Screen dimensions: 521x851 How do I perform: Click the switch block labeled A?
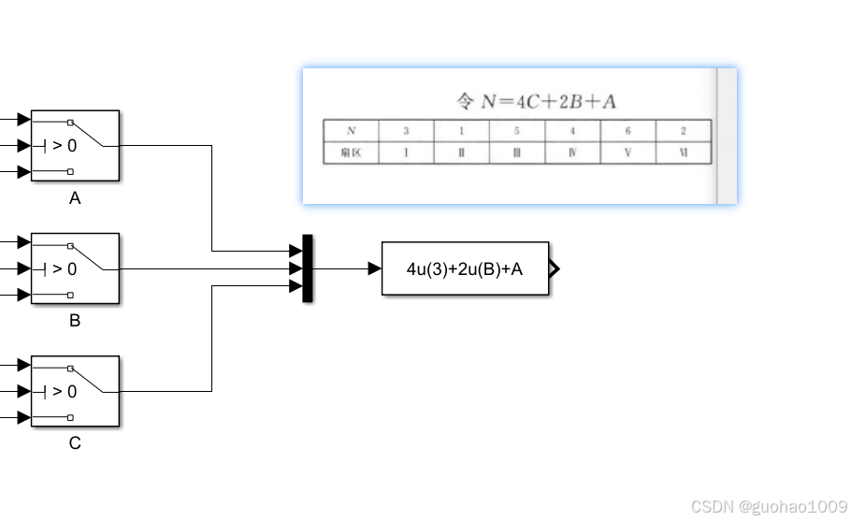tap(75, 145)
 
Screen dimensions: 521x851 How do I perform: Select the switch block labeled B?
tap(75, 268)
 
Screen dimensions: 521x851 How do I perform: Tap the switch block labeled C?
tap(75, 391)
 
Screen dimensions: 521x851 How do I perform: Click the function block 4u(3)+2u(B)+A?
tap(465, 268)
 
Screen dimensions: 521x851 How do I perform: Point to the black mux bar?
tap(308, 268)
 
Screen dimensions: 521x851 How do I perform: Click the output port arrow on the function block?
tap(554, 268)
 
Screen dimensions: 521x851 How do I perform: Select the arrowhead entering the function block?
tap(375, 268)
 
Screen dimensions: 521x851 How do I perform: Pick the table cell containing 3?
tap(406, 131)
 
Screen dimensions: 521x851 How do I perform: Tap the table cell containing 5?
tap(516, 131)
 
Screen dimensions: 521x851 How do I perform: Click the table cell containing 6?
tap(627, 131)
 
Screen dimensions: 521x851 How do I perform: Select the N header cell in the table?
tap(351, 131)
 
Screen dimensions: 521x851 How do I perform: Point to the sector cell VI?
tap(684, 152)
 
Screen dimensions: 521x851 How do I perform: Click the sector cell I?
tap(406, 152)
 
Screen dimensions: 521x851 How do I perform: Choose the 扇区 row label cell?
tap(351, 152)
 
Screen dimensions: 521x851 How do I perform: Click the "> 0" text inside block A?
tap(64, 145)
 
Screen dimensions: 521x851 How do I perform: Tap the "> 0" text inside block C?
tap(64, 391)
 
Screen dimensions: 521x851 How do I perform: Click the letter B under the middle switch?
tap(75, 321)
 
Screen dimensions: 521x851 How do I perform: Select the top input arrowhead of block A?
tap(23, 120)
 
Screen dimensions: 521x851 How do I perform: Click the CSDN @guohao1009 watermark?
tap(769, 506)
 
